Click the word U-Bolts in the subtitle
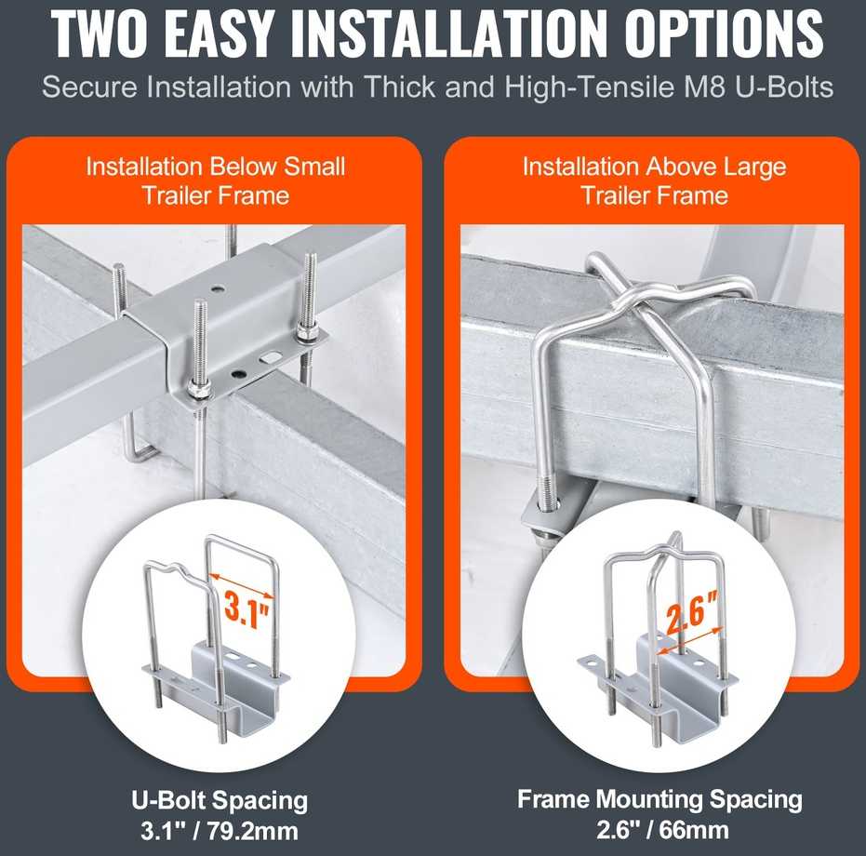point(785,87)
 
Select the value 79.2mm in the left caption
point(253,831)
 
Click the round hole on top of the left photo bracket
point(218,288)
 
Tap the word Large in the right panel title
point(755,167)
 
